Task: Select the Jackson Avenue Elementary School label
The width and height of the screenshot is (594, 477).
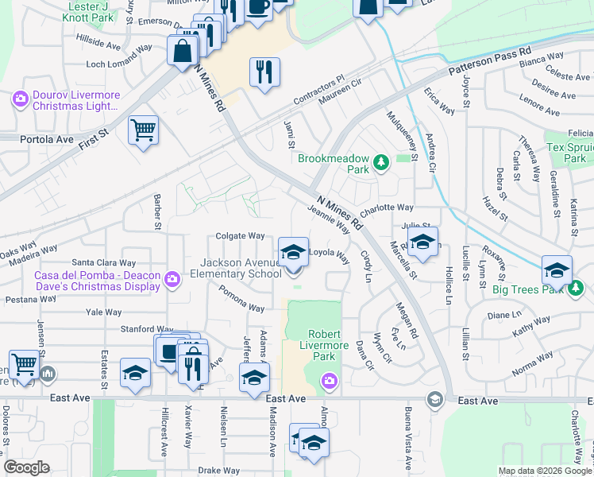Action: [241, 268]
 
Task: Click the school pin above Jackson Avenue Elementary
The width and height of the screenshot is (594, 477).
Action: [293, 252]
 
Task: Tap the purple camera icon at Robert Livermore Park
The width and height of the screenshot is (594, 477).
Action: [329, 382]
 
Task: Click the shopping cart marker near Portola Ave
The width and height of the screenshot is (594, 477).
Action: [143, 130]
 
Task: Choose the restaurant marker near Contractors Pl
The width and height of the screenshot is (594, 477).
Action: [264, 72]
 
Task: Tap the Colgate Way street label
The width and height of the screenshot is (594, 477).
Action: [240, 236]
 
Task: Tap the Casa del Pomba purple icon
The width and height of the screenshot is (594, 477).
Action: [172, 277]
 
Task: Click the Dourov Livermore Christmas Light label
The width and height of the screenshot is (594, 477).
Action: [76, 99]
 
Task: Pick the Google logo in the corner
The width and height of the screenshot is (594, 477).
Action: [27, 467]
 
